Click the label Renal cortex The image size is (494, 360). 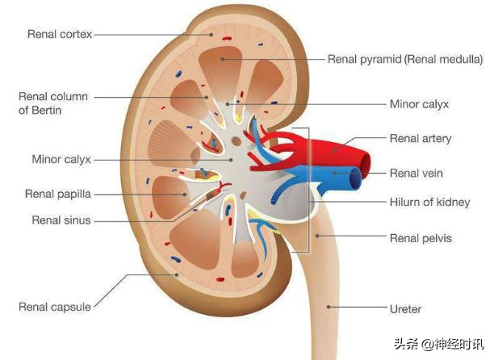(60, 34)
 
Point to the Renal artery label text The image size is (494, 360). (420, 139)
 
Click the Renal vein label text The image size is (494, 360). (416, 173)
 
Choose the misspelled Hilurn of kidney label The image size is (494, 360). (429, 203)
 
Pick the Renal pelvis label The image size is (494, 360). (421, 238)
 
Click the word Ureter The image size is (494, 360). (406, 309)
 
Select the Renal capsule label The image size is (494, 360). (54, 307)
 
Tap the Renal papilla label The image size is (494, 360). (57, 194)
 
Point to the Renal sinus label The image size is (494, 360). (61, 220)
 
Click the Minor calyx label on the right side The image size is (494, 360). (419, 104)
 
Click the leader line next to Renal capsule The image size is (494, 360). (113, 294)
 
